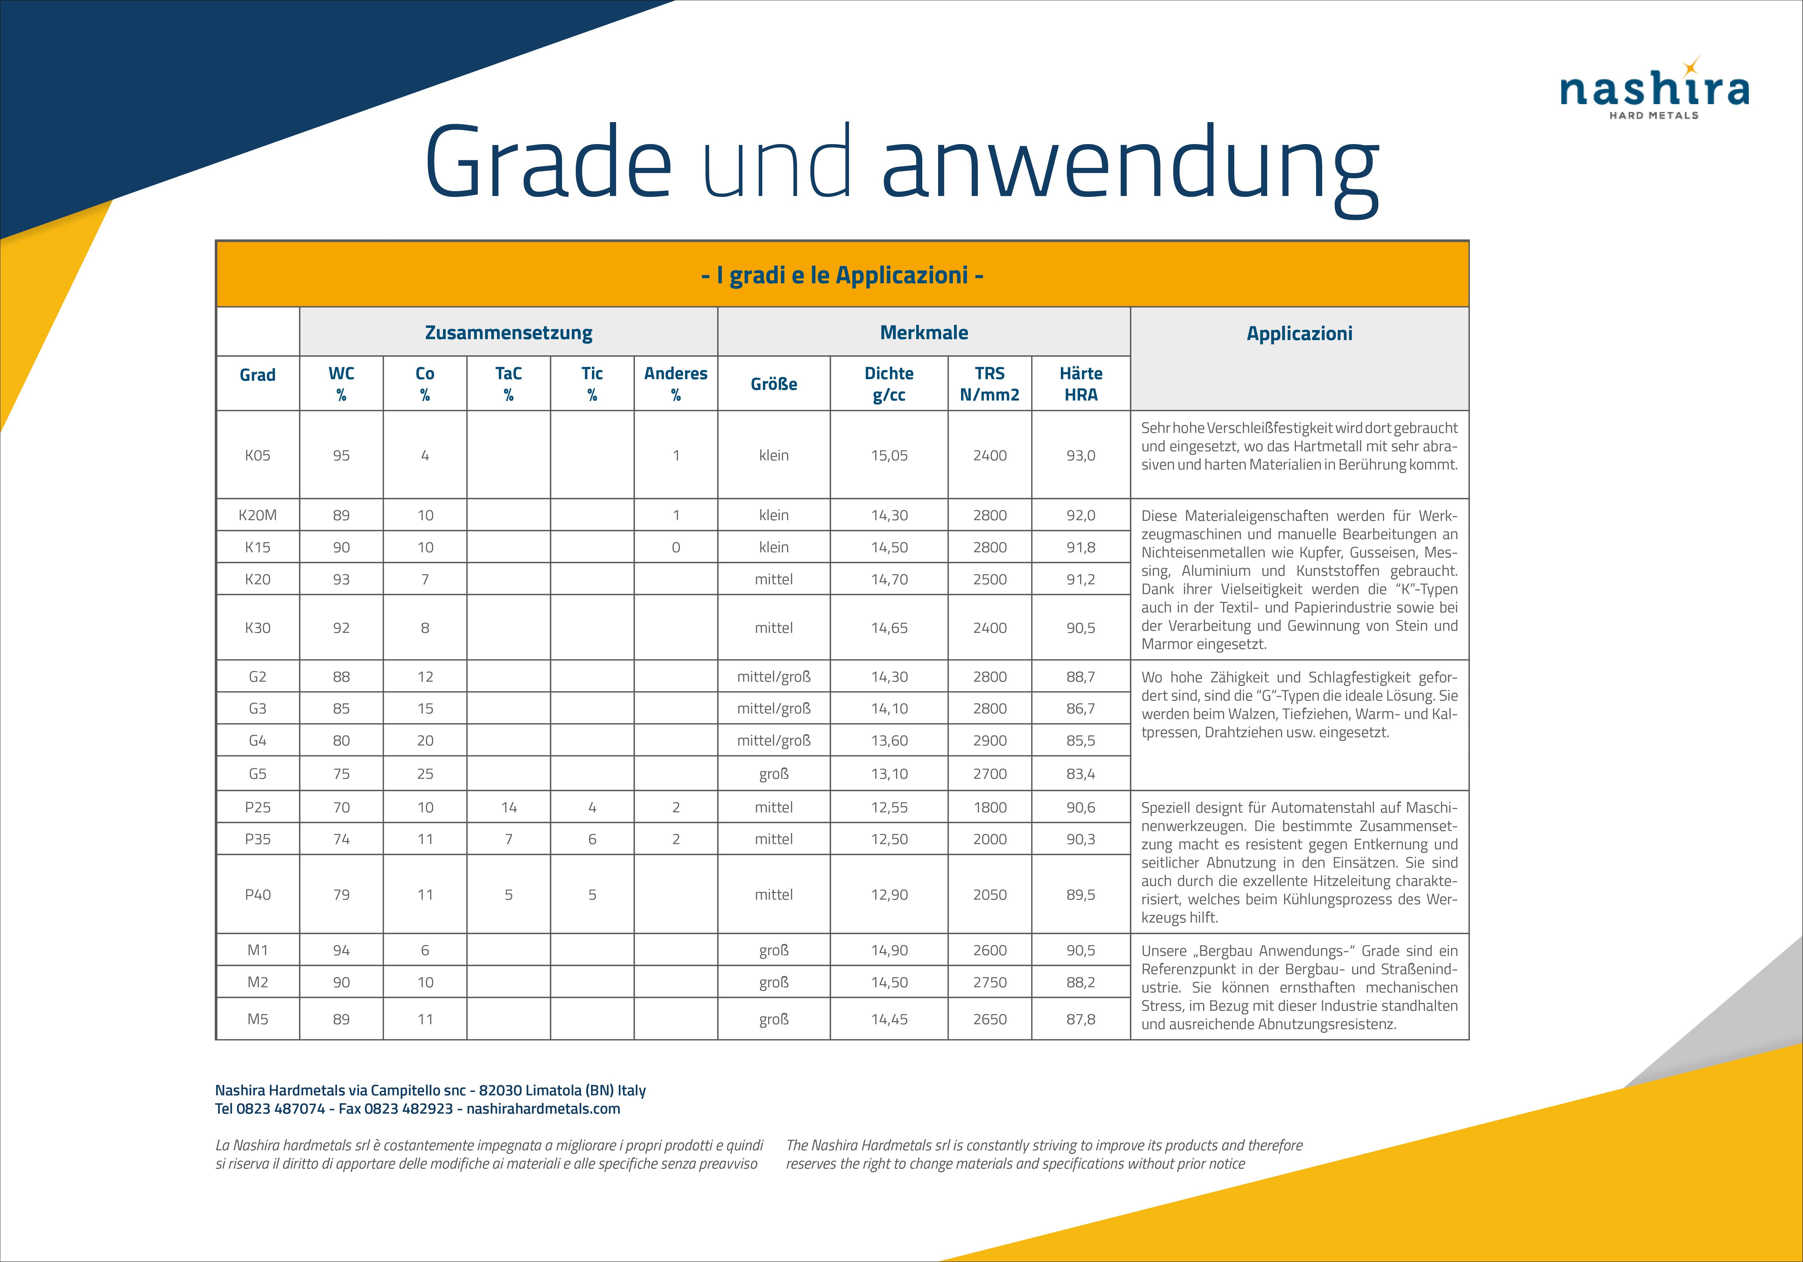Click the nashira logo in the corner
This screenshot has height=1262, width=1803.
click(x=1654, y=90)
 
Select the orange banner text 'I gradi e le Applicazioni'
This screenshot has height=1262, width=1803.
click(x=842, y=276)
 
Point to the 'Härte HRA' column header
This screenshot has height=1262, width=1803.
click(x=1080, y=384)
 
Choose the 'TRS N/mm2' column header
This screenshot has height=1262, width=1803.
click(x=989, y=384)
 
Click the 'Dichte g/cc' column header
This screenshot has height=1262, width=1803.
click(x=889, y=384)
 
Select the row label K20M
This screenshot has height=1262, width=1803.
click(x=258, y=515)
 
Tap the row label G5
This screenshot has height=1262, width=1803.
click(x=258, y=774)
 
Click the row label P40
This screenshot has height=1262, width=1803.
click(x=258, y=894)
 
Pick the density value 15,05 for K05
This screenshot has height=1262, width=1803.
click(x=889, y=455)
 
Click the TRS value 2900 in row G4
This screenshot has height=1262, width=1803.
click(x=989, y=741)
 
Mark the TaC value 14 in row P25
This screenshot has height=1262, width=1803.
click(x=509, y=807)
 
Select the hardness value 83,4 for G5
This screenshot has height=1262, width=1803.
click(x=1080, y=774)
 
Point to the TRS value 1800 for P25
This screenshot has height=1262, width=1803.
click(x=989, y=807)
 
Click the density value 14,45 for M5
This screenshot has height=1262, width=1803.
click(x=889, y=1019)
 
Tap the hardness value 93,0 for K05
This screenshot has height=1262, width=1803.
click(x=1080, y=455)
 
